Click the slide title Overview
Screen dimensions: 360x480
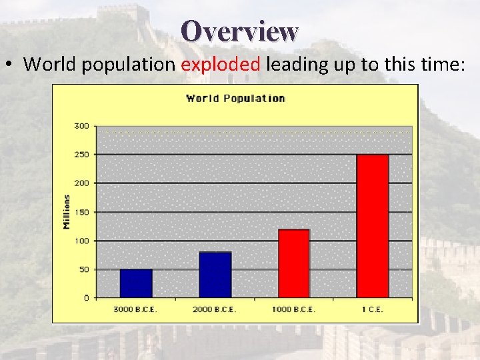coord(239,31)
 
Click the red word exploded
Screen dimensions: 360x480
coord(221,64)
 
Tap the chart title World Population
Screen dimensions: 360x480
coord(235,99)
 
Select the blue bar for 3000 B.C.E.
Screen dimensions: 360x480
coord(136,283)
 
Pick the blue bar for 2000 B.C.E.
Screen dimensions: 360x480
coord(215,275)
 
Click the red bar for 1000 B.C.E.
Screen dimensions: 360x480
coord(294,263)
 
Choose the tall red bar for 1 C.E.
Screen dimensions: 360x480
coord(372,226)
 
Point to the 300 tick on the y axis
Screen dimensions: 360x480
coord(81,126)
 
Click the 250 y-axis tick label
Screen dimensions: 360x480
coord(81,155)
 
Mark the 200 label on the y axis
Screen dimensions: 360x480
coord(81,183)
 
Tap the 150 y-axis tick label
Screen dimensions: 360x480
coord(81,212)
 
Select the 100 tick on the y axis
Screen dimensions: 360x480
coord(81,241)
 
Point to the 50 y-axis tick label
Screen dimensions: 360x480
coord(83,269)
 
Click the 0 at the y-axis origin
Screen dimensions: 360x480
coord(86,298)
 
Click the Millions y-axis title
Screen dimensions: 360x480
coord(67,212)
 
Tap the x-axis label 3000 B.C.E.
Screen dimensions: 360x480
coord(135,310)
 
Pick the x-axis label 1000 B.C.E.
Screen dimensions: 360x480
coord(293,310)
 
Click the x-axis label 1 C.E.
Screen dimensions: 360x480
coord(372,310)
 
